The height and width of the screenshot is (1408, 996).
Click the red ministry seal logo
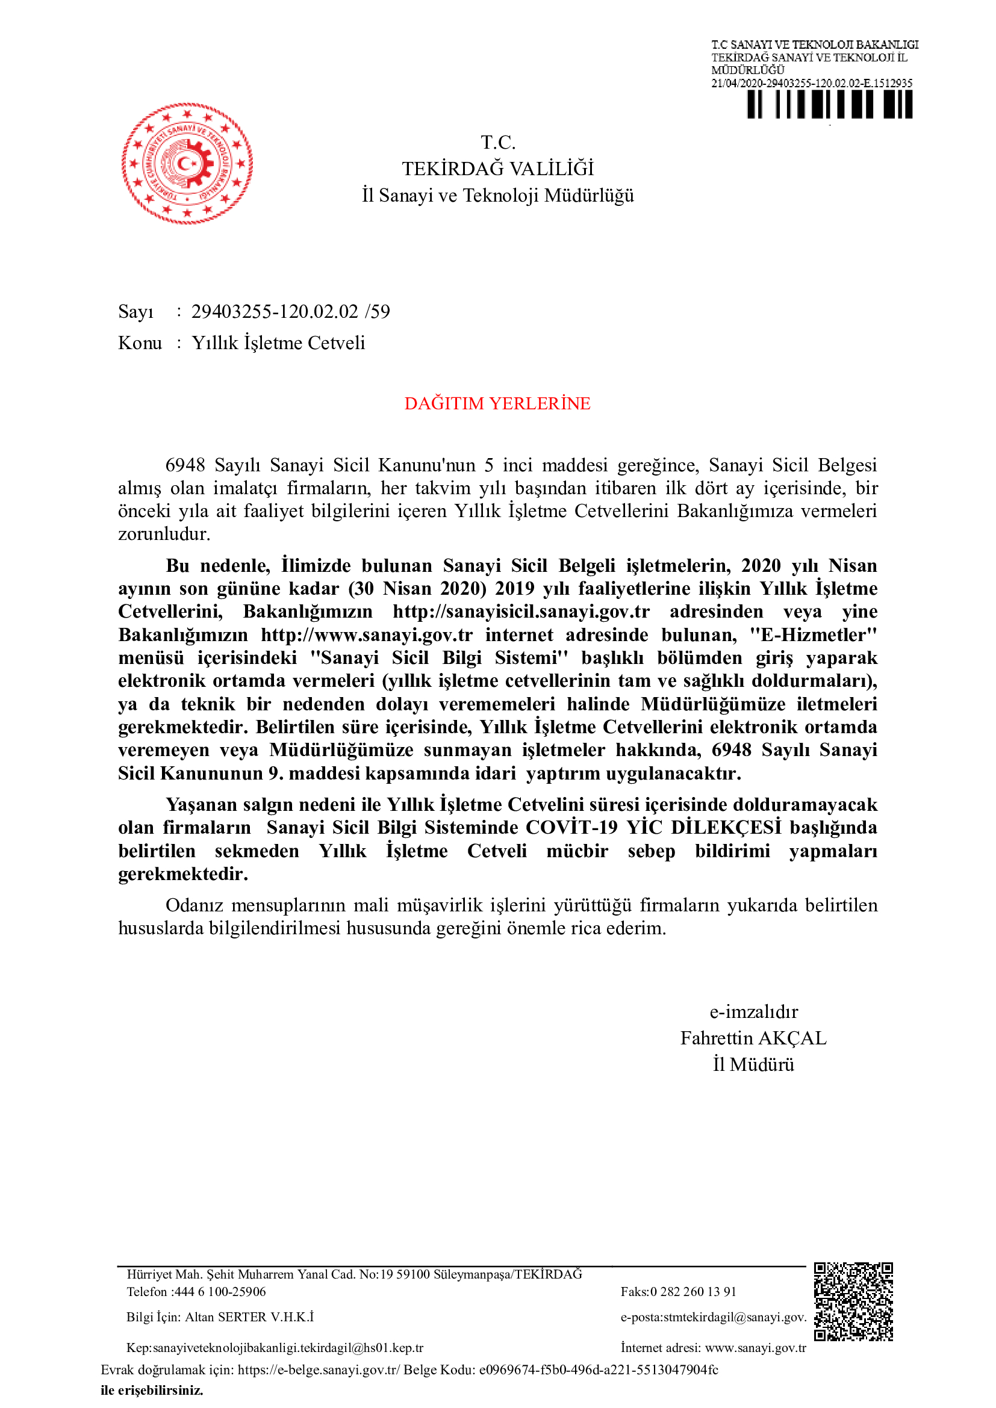click(x=187, y=163)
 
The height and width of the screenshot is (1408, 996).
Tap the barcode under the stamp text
click(x=829, y=104)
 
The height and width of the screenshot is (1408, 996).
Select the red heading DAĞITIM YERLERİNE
click(x=497, y=403)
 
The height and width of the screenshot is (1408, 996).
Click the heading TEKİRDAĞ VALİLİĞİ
click(x=497, y=169)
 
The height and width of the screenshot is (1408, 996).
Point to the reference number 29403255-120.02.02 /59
click(x=290, y=312)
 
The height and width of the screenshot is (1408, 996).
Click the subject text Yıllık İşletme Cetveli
click(x=278, y=343)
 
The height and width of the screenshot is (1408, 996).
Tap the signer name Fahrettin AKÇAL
click(x=753, y=1038)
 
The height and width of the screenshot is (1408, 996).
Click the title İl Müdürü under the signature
click(x=753, y=1064)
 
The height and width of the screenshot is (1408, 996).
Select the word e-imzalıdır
click(x=753, y=1011)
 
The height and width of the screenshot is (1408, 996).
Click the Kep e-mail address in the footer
click(x=288, y=1348)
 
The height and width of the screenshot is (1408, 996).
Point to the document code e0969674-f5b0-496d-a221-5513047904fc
click(x=599, y=1370)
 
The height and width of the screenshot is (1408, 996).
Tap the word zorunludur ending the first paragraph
click(x=164, y=534)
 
